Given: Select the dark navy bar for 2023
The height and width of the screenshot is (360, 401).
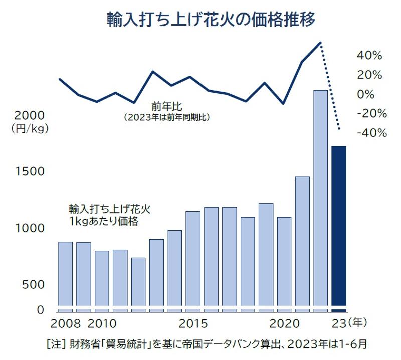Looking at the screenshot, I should [x=339, y=226].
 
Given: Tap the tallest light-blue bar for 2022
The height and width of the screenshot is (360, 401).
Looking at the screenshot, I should [x=320, y=198].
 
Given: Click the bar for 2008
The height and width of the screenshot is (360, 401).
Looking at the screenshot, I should [x=66, y=274].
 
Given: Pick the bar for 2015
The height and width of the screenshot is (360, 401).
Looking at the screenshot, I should [x=193, y=258].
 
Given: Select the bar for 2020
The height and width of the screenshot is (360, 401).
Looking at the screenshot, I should [x=284, y=261].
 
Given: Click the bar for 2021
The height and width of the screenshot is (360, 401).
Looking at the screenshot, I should [x=302, y=241].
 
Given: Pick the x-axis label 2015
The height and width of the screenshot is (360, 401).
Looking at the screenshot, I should [x=193, y=322].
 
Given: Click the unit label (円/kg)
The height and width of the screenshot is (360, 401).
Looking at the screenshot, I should [x=29, y=129].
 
